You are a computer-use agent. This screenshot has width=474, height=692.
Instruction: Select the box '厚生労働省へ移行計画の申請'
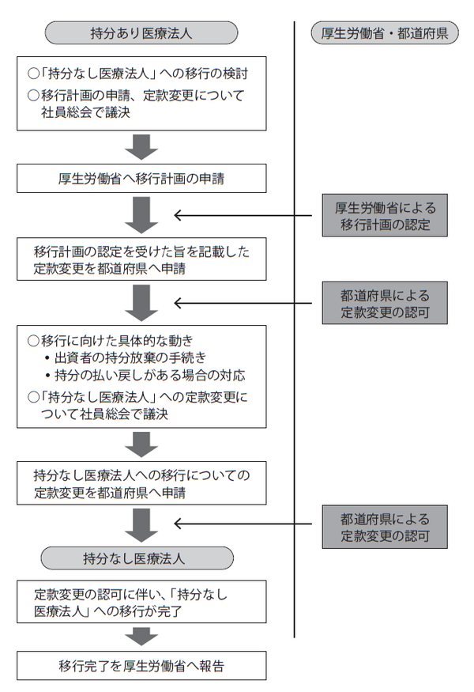tap(141, 179)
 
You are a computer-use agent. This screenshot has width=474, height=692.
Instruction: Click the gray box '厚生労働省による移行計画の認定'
tap(385, 215)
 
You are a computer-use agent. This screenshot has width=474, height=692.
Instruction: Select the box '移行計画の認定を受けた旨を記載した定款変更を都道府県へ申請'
tap(141, 261)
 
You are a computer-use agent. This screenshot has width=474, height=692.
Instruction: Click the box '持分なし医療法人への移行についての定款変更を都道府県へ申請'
tap(141, 483)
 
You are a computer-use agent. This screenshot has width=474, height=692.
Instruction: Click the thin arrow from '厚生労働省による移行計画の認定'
tap(245, 215)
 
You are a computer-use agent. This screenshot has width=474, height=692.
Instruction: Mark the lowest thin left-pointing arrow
tap(245, 524)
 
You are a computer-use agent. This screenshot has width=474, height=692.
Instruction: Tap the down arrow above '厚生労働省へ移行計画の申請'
tap(141, 147)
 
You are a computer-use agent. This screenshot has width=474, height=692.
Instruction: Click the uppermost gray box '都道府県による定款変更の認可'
tap(385, 304)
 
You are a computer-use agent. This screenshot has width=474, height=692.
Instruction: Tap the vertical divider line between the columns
tap(294, 395)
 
